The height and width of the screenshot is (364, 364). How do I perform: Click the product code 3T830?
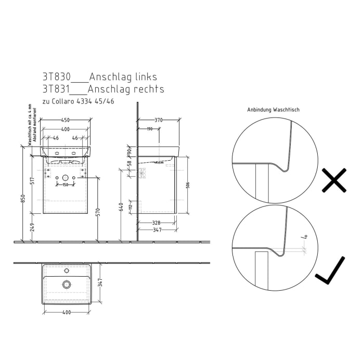click(56, 77)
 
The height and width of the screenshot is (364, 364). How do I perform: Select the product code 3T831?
click(56, 89)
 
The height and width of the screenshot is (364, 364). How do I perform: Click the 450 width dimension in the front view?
click(65, 120)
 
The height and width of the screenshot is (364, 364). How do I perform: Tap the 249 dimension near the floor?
click(33, 227)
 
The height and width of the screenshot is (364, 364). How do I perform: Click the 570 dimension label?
click(97, 211)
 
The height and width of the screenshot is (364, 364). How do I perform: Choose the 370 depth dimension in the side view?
click(158, 120)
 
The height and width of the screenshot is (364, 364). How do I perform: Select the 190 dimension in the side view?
click(149, 128)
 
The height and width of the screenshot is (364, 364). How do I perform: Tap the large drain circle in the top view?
click(66, 284)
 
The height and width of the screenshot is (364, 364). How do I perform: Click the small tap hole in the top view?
click(66, 271)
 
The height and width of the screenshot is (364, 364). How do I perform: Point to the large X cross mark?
click(334, 180)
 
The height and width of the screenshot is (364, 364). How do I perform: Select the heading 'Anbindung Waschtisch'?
click(274, 110)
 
